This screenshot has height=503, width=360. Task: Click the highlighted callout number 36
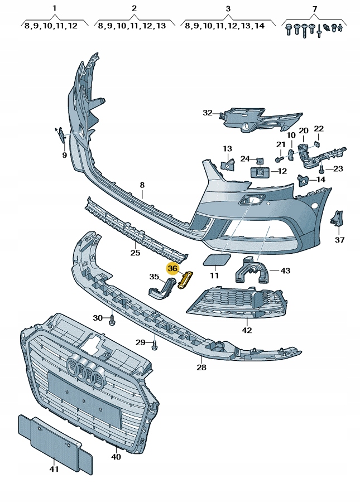172,268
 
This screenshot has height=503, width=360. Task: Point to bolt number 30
113,319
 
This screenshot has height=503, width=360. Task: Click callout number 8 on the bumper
142,185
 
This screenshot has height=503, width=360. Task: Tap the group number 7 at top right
314,9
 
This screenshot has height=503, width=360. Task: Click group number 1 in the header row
55,9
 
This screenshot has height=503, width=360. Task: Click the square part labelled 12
260,172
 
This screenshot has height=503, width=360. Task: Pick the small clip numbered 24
260,159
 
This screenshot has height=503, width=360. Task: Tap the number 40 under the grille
116,457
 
